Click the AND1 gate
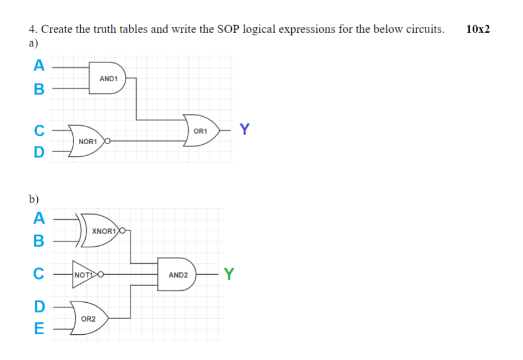point(109,78)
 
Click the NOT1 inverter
point(84,275)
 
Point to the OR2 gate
point(89,318)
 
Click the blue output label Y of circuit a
point(244,130)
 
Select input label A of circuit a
point(38,66)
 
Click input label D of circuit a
point(38,152)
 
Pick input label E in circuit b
point(38,329)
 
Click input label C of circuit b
point(38,275)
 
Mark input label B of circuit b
point(38,241)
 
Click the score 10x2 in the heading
point(478,29)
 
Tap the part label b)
point(34,199)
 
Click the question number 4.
point(32,29)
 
